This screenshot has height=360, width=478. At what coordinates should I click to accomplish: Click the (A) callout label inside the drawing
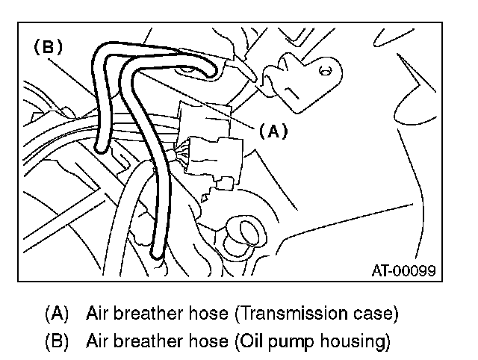click(x=273, y=131)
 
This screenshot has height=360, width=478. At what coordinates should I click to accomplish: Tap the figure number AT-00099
click(x=403, y=270)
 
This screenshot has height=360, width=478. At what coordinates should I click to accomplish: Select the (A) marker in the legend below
click(x=58, y=311)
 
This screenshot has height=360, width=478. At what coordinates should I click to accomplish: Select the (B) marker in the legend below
click(x=58, y=341)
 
